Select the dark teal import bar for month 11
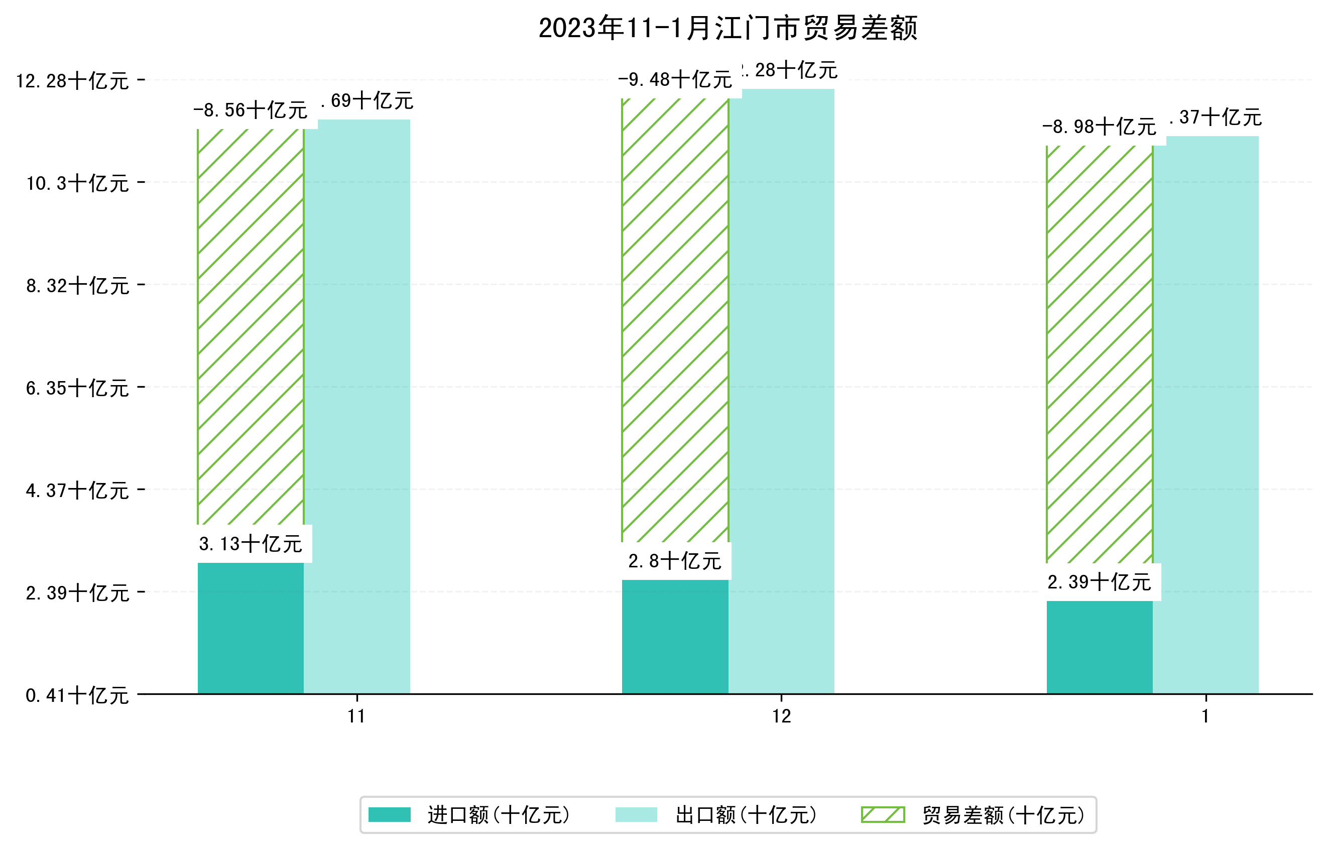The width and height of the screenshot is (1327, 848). point(250,628)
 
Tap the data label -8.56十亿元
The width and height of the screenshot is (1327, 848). point(250,110)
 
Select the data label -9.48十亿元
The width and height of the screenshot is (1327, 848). point(674,80)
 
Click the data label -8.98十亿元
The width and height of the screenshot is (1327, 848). point(1099,127)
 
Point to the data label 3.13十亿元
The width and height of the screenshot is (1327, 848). point(250,544)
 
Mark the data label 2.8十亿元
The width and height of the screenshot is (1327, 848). point(674,561)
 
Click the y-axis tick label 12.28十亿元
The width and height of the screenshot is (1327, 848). point(72,81)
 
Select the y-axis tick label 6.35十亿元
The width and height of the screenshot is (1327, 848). point(77,388)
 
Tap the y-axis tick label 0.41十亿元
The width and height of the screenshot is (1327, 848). point(77,695)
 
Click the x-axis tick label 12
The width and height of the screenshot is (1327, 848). point(781,716)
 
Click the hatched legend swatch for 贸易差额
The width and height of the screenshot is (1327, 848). point(883,814)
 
